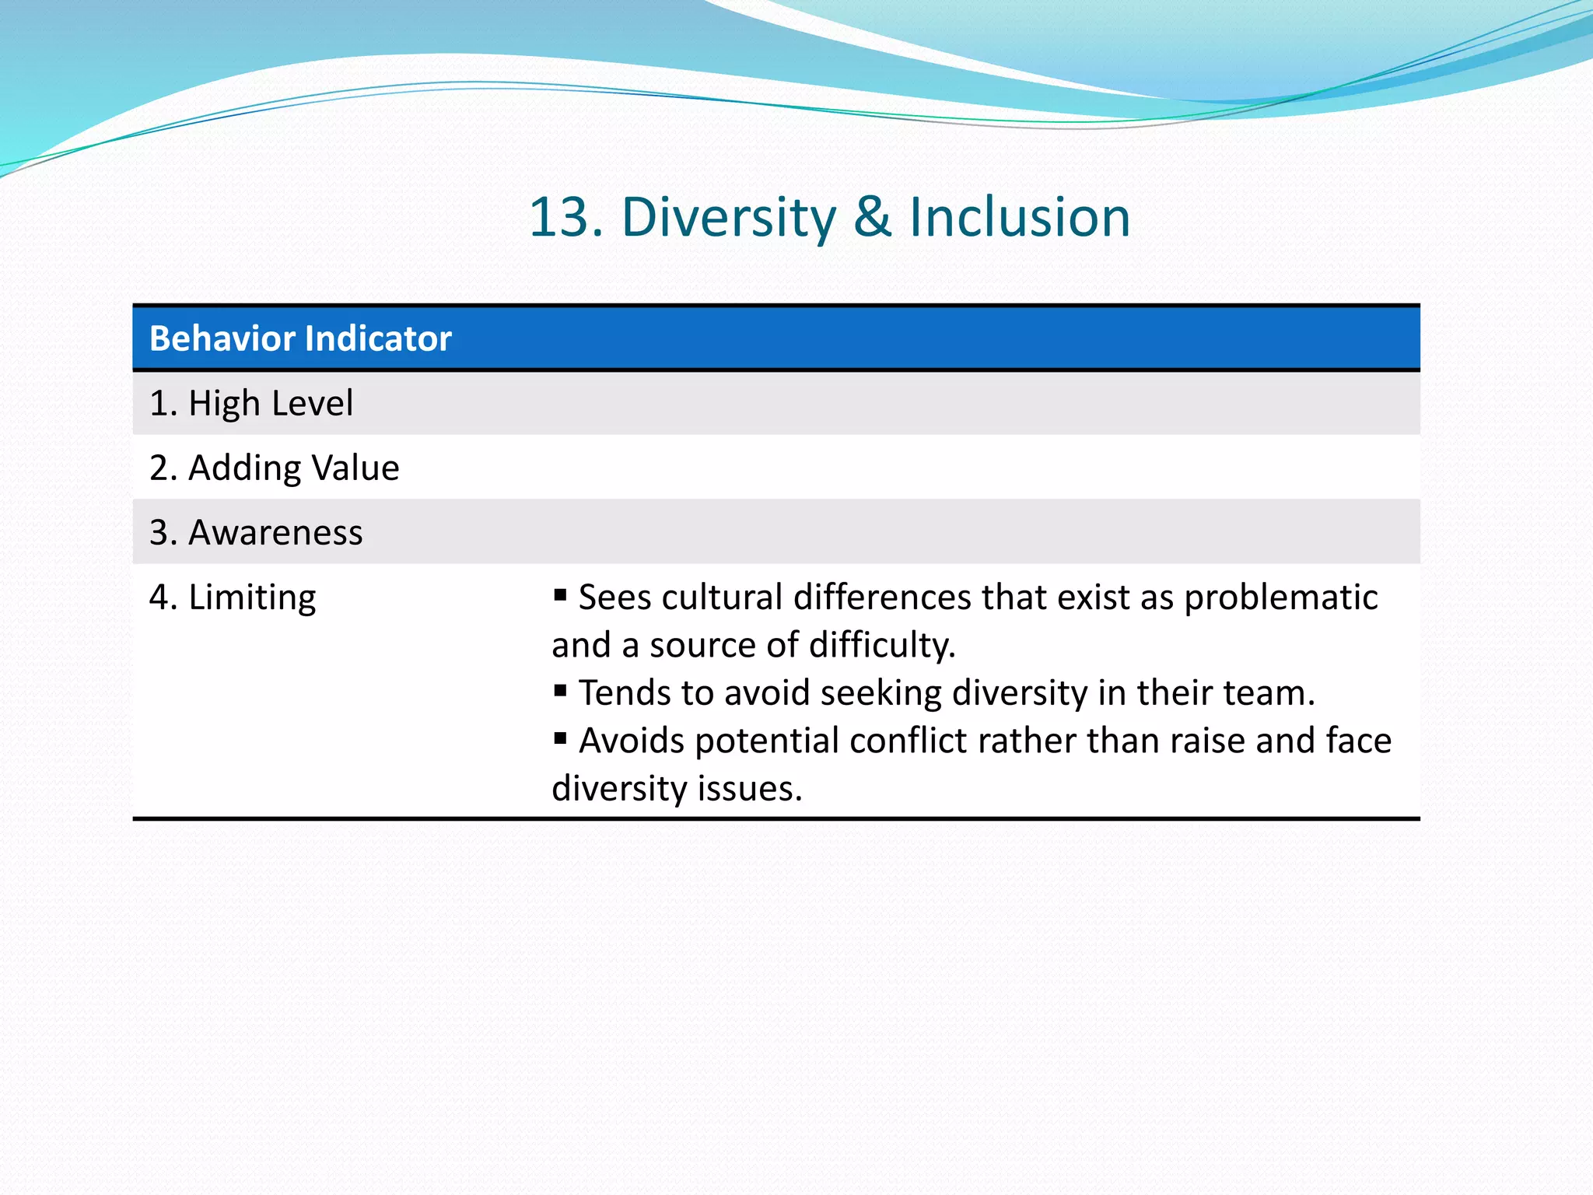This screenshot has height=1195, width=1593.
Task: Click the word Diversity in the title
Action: coord(728,217)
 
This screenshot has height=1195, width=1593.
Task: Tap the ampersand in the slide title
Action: coord(872,217)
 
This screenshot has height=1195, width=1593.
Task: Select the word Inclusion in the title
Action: coord(1020,217)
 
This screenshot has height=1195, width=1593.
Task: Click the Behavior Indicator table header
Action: coord(300,338)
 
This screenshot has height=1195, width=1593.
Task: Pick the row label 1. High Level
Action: coord(250,403)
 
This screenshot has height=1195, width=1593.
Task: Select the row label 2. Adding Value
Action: coord(274,468)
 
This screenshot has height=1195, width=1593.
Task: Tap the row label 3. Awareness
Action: coord(256,533)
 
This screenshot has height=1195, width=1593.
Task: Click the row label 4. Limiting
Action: coord(233,597)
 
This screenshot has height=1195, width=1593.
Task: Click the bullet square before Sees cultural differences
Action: coord(560,596)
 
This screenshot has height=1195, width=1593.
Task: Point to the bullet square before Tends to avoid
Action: coord(560,691)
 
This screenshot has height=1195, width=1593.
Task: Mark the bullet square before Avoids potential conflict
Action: coord(560,738)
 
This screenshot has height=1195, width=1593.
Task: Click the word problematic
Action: coord(1280,598)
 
